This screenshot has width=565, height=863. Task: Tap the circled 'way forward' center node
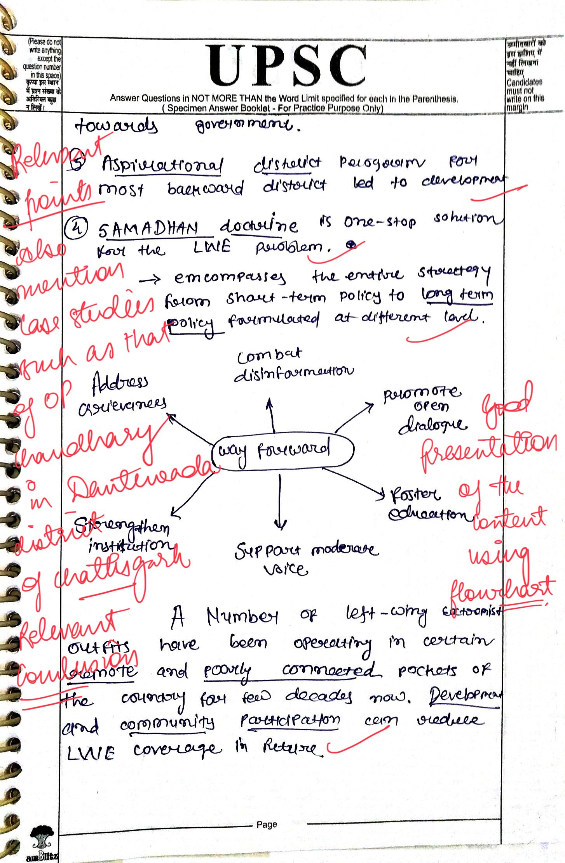(283, 451)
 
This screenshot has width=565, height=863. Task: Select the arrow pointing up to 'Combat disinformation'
(271, 415)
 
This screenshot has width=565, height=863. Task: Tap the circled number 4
(77, 227)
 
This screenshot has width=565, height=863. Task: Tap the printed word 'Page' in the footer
(267, 824)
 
